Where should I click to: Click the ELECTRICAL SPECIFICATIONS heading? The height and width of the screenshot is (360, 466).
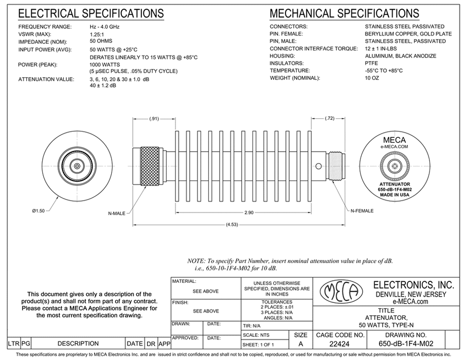point(92,13)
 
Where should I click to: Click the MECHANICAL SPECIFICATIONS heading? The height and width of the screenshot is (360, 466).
point(344,13)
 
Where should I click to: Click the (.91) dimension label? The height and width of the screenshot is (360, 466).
point(154,119)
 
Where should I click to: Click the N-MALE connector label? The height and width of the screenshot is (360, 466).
point(118,212)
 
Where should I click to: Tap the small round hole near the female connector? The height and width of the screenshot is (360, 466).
point(319,166)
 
